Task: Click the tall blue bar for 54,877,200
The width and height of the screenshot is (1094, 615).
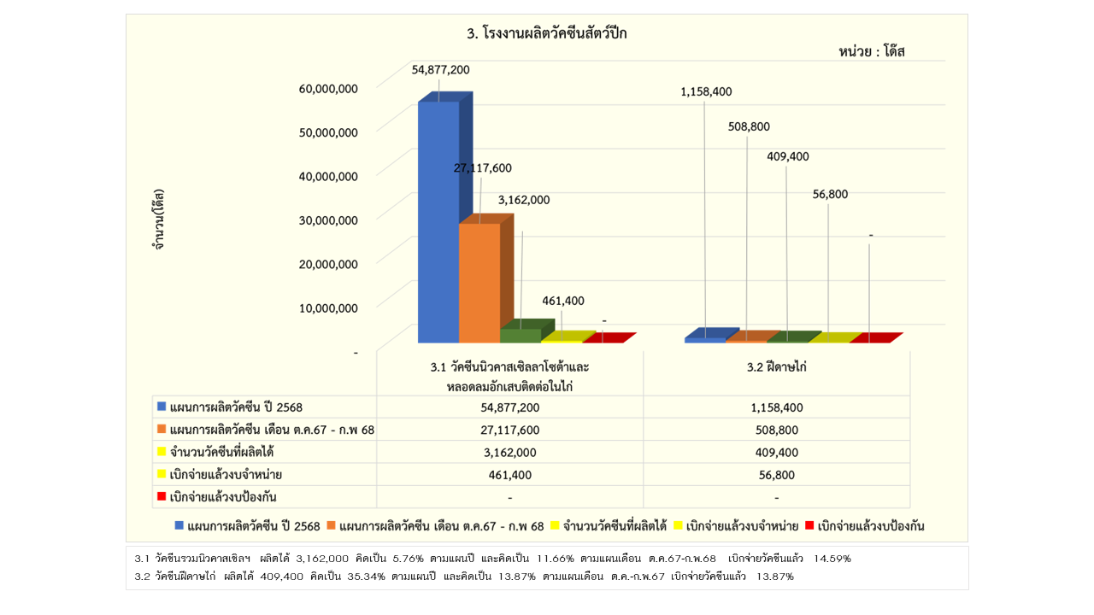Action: [438, 222]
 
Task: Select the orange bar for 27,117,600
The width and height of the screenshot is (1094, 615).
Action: [479, 282]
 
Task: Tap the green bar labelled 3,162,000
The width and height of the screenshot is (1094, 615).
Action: [521, 335]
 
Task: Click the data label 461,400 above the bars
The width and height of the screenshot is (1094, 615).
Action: [563, 301]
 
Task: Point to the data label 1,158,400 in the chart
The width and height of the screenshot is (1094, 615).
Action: [706, 91]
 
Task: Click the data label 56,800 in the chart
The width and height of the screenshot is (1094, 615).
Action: [830, 194]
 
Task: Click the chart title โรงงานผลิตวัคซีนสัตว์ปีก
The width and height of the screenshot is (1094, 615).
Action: [547, 34]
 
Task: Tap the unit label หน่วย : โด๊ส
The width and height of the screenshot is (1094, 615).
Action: [871, 51]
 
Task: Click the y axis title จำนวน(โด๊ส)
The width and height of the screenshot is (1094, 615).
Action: [159, 220]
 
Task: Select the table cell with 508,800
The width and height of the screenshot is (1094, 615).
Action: [776, 430]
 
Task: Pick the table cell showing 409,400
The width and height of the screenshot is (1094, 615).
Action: [776, 453]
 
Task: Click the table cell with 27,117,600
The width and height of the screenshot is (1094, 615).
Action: [509, 430]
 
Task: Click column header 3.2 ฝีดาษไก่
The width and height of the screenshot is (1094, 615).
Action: [776, 366]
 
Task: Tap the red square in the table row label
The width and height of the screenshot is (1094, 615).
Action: [161, 497]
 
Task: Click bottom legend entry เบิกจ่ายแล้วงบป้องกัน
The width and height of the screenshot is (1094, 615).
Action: [871, 526]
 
